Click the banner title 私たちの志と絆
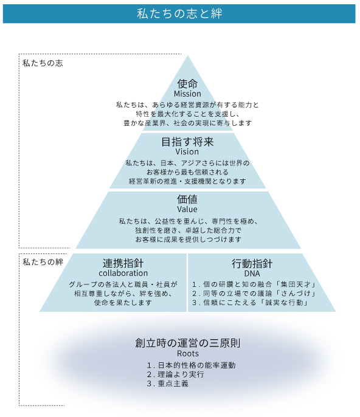(x=179, y=13)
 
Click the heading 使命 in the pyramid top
(x=187, y=84)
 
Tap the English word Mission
(x=187, y=94)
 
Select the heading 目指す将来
(x=187, y=142)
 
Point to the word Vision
(x=187, y=151)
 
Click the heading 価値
(x=187, y=199)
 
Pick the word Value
(x=187, y=209)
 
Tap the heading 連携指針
(x=123, y=263)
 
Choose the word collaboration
(x=123, y=273)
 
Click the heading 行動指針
(x=252, y=264)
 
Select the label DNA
(x=252, y=274)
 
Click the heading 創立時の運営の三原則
(x=187, y=343)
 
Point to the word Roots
(x=187, y=353)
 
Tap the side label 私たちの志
(x=43, y=63)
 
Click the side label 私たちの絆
(x=43, y=262)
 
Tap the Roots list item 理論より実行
(x=181, y=374)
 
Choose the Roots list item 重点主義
(x=173, y=384)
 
